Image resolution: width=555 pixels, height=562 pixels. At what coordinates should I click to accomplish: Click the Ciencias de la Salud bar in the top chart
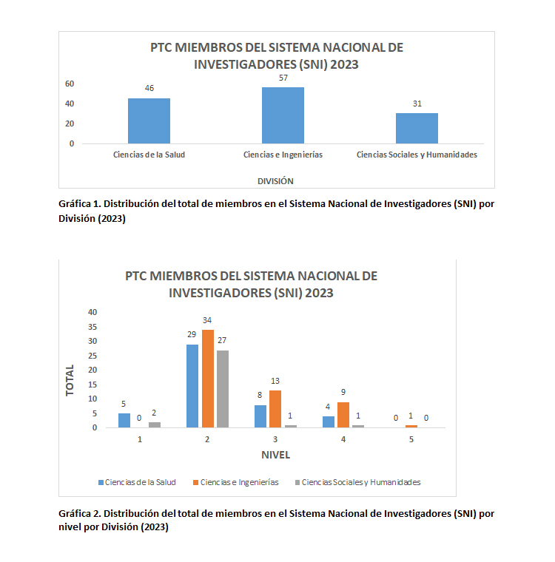pos(149,121)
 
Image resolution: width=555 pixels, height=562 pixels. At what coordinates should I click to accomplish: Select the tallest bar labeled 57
pos(283,115)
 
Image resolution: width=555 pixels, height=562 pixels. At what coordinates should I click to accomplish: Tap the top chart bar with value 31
pos(417,128)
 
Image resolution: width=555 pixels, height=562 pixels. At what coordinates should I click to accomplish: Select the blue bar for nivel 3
pos(260,416)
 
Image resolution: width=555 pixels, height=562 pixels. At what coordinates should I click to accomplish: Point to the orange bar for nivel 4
pos(343,414)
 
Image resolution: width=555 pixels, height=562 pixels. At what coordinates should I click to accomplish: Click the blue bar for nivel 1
pos(124,420)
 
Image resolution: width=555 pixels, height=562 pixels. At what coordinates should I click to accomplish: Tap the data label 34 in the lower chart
pos(207,320)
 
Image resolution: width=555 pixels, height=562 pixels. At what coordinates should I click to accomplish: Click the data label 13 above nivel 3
pos(275,381)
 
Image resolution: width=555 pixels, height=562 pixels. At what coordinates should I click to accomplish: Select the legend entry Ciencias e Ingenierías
pos(239,482)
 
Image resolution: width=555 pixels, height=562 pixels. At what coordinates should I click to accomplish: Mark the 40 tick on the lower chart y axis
pos(92,312)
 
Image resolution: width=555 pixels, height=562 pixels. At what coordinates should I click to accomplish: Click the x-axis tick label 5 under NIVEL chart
pos(411,439)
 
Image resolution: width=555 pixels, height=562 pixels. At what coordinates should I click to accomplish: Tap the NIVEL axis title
pos(275,453)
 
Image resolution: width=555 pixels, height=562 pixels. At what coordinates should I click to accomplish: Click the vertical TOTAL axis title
pos(70,380)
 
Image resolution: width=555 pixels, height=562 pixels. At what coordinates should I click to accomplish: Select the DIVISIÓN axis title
pos(275,180)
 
